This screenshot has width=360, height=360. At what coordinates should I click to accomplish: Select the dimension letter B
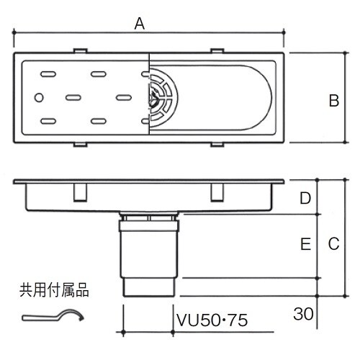pyautogui.click(x=333, y=102)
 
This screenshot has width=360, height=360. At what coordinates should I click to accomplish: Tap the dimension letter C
pyautogui.click(x=333, y=244)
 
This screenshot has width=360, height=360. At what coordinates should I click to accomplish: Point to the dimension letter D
pyautogui.click(x=305, y=197)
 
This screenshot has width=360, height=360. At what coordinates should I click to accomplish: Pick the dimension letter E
pyautogui.click(x=305, y=246)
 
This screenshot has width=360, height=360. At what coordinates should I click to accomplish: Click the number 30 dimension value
pyautogui.click(x=303, y=313)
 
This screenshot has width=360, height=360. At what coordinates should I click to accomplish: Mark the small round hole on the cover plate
pyautogui.click(x=40, y=97)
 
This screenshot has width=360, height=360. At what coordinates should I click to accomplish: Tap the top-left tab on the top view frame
pyautogui.click(x=81, y=50)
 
